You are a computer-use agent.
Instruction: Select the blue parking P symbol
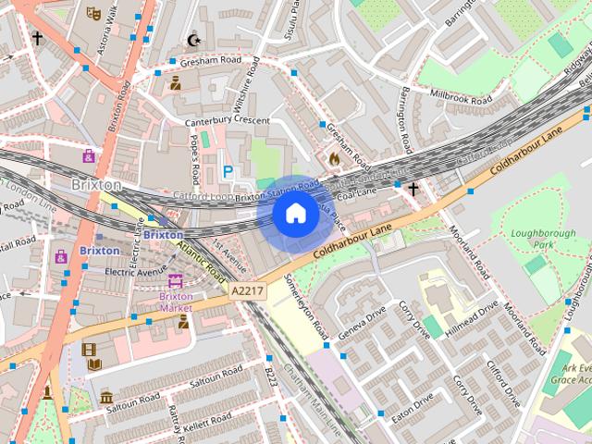(228, 171)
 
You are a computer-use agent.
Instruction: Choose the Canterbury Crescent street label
(227, 121)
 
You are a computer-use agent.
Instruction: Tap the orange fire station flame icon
(334, 158)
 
